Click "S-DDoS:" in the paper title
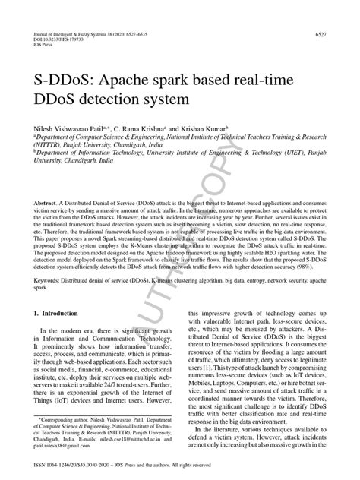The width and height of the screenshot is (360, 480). click(x=64, y=78)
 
